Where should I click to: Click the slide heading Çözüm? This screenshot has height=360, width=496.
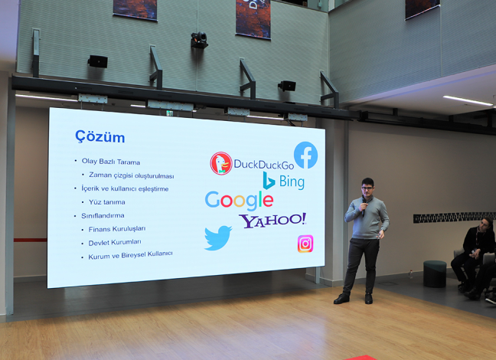tap(100, 137)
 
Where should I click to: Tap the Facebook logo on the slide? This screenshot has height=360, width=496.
tap(305, 155)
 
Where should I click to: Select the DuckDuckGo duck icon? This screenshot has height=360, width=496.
tap(221, 163)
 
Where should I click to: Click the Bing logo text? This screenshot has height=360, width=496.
tap(292, 182)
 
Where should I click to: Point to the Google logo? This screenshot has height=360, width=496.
tap(239, 201)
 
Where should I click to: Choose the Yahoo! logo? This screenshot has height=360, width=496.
tap(272, 220)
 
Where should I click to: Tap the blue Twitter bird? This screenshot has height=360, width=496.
tap(218, 237)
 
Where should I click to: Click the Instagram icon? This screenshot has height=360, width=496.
tap(305, 244)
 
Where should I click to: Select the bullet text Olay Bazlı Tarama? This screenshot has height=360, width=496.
tap(111, 162)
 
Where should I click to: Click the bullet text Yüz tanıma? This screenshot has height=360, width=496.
tap(107, 202)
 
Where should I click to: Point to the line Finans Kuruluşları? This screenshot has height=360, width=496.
tap(117, 229)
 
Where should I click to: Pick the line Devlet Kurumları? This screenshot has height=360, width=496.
tap(115, 243)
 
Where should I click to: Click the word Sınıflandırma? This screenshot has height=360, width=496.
tap(103, 216)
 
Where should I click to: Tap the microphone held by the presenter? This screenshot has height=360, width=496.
tap(364, 207)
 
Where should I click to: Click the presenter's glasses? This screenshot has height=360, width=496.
tap(367, 188)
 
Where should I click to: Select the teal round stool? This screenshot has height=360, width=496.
tap(435, 273)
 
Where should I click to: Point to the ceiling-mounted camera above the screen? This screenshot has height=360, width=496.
tap(199, 40)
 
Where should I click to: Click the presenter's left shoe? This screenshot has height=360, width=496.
tap(368, 298)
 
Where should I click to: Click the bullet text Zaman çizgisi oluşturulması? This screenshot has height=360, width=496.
tap(132, 175)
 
